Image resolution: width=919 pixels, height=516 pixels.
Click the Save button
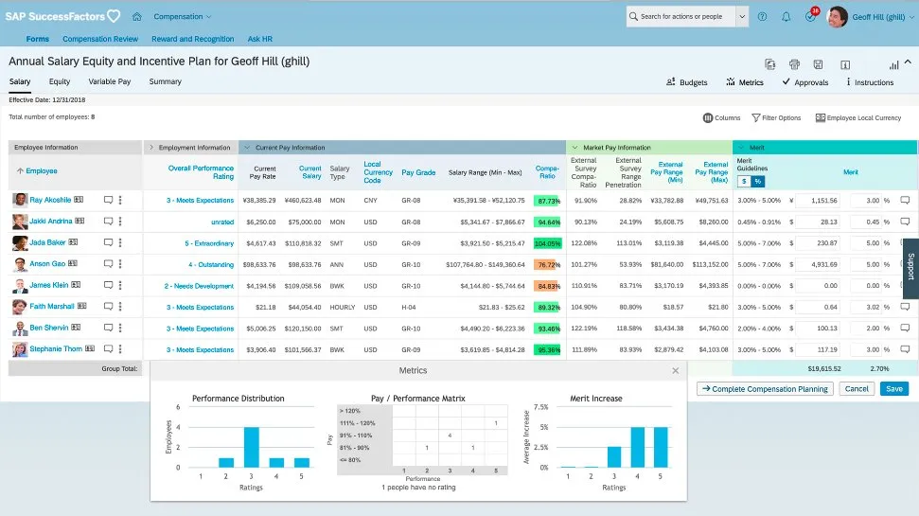click(892, 389)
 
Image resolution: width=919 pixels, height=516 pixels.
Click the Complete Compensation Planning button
click(765, 389)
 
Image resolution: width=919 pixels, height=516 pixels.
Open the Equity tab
click(60, 82)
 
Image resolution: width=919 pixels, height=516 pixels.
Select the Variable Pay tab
click(110, 82)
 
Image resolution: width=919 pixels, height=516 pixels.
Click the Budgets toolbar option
click(687, 82)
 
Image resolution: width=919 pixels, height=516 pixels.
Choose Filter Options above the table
click(776, 118)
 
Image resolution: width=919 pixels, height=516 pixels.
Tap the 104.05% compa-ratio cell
click(547, 243)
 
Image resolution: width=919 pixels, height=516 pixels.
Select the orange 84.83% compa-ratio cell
click(547, 286)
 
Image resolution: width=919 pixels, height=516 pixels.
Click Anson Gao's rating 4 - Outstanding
click(210, 265)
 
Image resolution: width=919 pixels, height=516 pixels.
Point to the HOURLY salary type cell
click(339, 307)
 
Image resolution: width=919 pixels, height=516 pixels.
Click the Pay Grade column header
click(418, 172)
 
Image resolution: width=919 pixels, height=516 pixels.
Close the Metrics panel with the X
click(675, 371)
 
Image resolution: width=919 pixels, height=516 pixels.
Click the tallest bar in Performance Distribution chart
click(251, 447)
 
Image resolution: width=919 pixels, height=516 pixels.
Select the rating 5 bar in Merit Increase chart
click(663, 447)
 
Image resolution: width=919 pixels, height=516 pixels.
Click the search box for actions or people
click(680, 16)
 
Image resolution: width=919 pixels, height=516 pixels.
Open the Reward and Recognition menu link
click(192, 39)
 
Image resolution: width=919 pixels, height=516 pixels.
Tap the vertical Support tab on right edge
click(910, 267)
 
